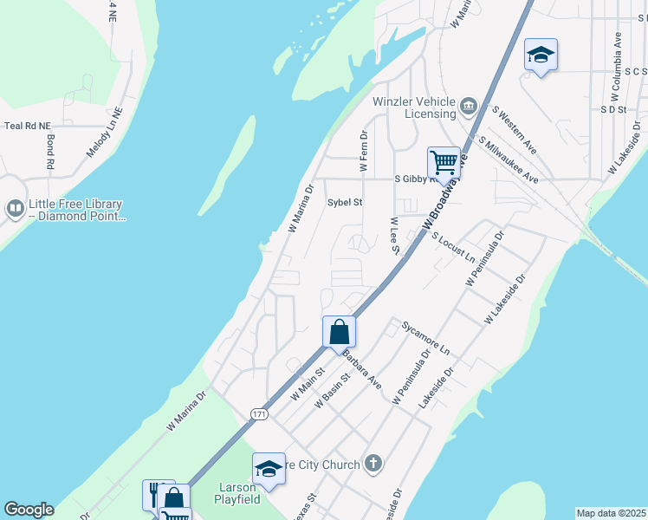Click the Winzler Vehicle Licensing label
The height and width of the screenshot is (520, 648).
click(x=414, y=107)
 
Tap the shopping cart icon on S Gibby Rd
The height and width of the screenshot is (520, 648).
click(x=443, y=161)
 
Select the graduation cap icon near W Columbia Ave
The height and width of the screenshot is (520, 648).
click(x=541, y=55)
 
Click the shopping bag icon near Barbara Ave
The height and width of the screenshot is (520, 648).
click(x=339, y=331)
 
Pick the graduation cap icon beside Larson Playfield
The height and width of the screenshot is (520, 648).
click(x=269, y=468)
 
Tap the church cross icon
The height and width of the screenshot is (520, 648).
click(x=373, y=465)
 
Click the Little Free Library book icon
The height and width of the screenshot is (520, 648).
click(x=15, y=209)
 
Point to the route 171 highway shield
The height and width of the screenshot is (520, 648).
click(x=259, y=415)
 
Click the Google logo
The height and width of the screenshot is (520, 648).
click(x=28, y=510)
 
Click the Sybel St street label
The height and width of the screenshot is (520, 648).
click(x=344, y=202)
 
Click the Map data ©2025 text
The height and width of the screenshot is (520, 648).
click(x=611, y=513)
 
